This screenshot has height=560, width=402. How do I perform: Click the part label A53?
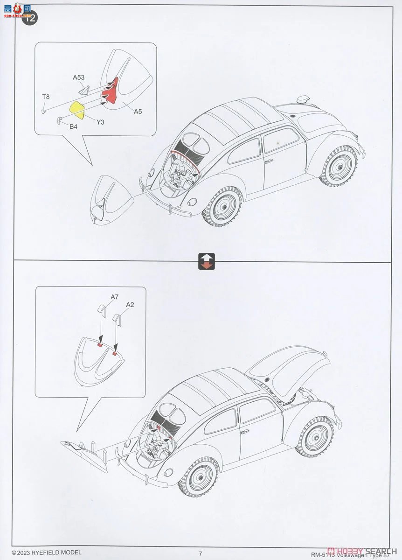coord(78,77)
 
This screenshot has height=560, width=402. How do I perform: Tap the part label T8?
coord(46,97)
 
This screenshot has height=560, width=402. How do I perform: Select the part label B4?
coord(73,126)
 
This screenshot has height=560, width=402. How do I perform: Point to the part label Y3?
coord(100,122)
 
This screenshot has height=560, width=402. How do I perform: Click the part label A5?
coord(138,112)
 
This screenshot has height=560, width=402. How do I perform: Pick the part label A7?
coord(115,297)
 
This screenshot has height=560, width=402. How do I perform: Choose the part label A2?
coord(130,304)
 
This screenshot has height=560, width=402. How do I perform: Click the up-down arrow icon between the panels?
coord(206,261)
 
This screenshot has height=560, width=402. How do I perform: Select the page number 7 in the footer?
coord(200,553)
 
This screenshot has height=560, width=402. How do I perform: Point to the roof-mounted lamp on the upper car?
coord(304,99)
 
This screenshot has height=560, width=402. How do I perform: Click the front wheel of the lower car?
coord(316,436)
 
